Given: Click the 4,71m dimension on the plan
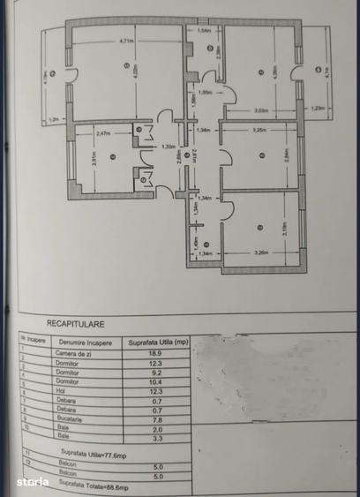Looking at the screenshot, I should click(x=126, y=41).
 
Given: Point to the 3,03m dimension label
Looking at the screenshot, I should click(x=261, y=110).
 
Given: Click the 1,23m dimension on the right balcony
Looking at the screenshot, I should click(x=319, y=109).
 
